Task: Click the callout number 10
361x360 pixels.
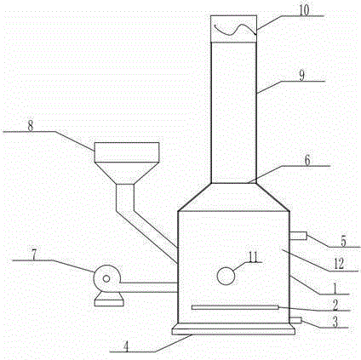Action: [x=304, y=10]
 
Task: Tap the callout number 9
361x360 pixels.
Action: [x=301, y=76]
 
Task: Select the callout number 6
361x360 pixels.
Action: [x=307, y=160]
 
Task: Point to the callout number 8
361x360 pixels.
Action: [x=31, y=126]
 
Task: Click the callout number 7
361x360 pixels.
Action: [x=34, y=255]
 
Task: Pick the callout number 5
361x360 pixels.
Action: [x=343, y=242]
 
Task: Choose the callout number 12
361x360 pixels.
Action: [x=339, y=265]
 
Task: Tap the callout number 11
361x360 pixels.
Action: [x=253, y=257]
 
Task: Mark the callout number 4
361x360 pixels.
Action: [x=126, y=346]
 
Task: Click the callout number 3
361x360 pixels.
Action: [x=335, y=323]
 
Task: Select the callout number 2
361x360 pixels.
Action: [x=335, y=306]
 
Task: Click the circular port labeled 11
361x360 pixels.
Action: [x=226, y=276]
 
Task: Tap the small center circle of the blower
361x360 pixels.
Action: [x=106, y=279]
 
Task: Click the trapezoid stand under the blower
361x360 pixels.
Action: [x=109, y=299]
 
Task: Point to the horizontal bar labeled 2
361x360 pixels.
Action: [x=235, y=307]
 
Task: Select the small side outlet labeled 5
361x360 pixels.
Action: [x=298, y=236]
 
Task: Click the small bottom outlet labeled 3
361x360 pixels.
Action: [x=295, y=321]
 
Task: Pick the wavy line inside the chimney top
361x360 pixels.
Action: [x=236, y=29]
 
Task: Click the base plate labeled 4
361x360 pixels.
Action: [x=233, y=331]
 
